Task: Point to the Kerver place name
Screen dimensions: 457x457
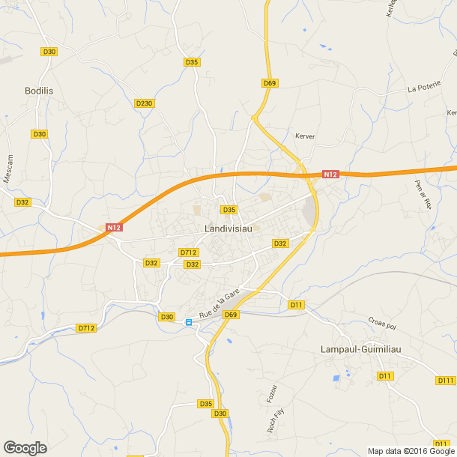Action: (305, 136)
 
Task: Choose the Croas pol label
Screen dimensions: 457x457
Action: (381, 326)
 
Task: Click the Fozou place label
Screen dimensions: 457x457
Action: (273, 394)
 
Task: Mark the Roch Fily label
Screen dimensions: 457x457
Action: (275, 420)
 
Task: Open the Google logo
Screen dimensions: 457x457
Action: (25, 448)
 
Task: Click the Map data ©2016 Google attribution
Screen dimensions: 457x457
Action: (411, 451)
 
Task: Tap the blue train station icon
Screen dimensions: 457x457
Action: (188, 322)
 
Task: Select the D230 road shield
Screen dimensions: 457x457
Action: (145, 103)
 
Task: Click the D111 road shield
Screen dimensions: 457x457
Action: (446, 381)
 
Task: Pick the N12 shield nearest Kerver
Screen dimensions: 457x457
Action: (330, 174)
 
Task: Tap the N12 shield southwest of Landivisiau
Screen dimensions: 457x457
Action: (113, 227)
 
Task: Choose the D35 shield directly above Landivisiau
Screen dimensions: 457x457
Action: (228, 209)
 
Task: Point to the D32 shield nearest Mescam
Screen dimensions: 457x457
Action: (22, 202)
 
